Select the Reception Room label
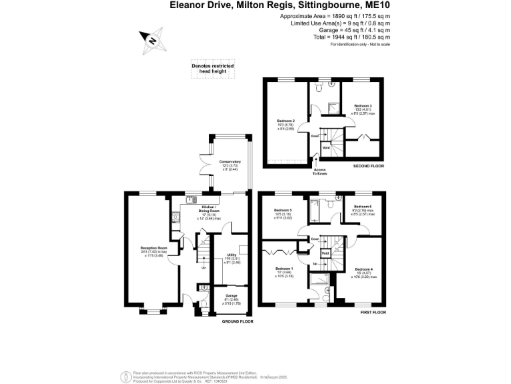149,249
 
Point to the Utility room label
230,255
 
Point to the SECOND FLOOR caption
369,166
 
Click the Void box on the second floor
327,147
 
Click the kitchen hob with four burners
191,198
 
